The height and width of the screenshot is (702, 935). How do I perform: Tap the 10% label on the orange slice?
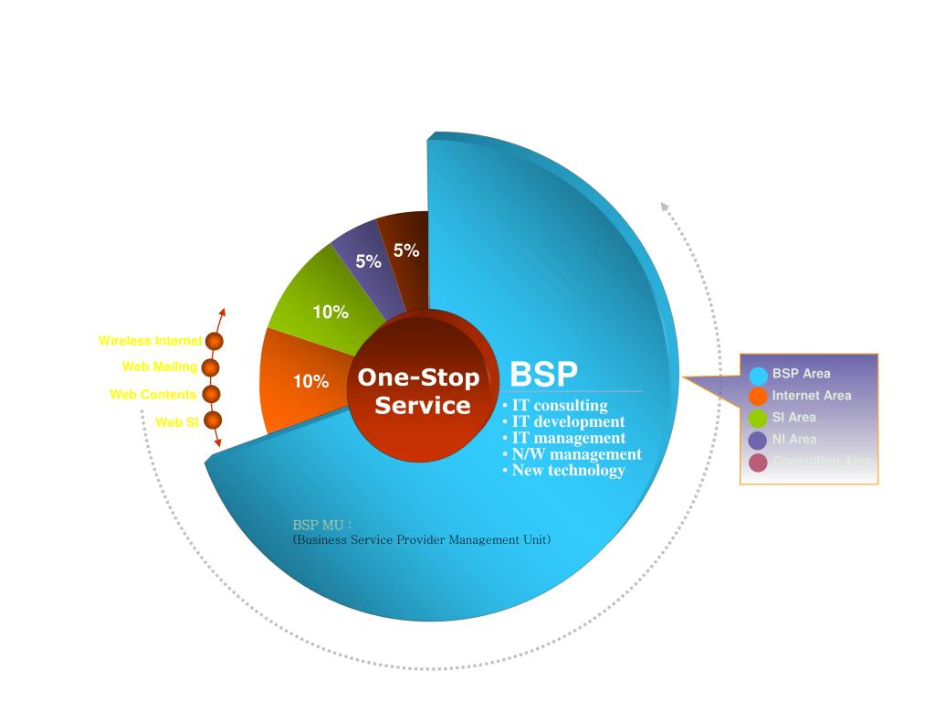310,381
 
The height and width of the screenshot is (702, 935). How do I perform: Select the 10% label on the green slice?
331,312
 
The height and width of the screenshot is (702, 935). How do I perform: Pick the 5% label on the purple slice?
368,261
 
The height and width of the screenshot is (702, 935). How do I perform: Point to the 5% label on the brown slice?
406,250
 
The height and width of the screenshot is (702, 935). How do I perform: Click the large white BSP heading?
543,375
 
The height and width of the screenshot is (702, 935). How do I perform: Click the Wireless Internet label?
150,341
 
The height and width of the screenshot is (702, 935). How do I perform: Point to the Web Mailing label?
160,367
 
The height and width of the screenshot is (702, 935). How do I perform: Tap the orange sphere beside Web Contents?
212,394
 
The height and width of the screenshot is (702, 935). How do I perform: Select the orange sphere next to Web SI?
213,420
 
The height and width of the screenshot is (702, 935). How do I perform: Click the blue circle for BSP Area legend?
758,375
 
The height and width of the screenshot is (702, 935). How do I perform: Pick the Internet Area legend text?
811,396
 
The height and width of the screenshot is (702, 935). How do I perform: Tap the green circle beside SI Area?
758,419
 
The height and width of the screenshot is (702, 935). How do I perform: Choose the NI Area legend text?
794,440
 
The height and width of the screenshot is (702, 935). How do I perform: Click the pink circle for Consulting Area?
758,463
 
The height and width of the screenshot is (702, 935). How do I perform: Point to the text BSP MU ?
322,525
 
